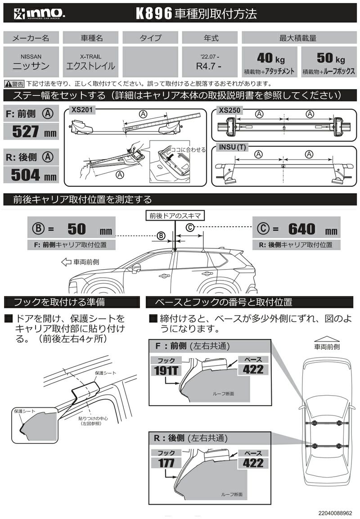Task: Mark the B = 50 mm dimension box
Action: coord(71,229)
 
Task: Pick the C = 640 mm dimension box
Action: coord(297,229)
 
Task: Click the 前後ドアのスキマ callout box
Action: coord(176,216)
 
